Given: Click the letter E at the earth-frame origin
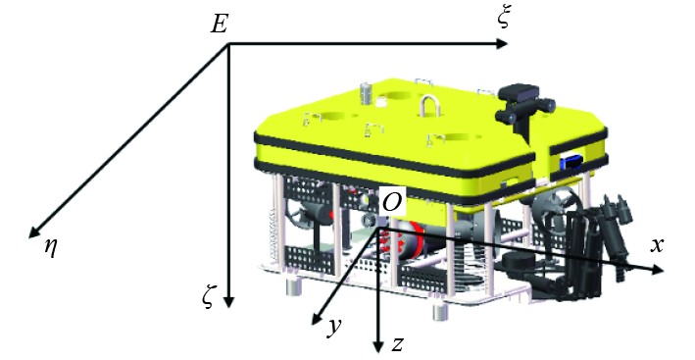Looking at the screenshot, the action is (x=219, y=24).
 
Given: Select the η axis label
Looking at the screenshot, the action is (x=51, y=248).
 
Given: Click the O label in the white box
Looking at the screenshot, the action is (x=392, y=203).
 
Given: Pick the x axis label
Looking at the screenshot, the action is (x=657, y=245).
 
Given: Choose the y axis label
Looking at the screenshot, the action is (x=334, y=328).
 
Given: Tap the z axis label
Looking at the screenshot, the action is (x=398, y=343).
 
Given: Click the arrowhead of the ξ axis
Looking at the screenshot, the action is (x=501, y=43).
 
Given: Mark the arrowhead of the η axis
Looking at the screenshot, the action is (x=34, y=231).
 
